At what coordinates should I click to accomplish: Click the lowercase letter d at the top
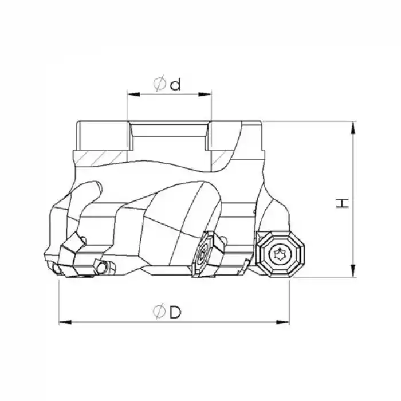(175, 85)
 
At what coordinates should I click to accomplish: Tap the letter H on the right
(343, 203)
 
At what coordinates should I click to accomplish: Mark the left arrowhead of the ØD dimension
(62, 321)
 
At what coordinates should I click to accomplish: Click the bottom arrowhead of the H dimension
(356, 274)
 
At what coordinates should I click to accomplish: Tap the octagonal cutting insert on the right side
(280, 252)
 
